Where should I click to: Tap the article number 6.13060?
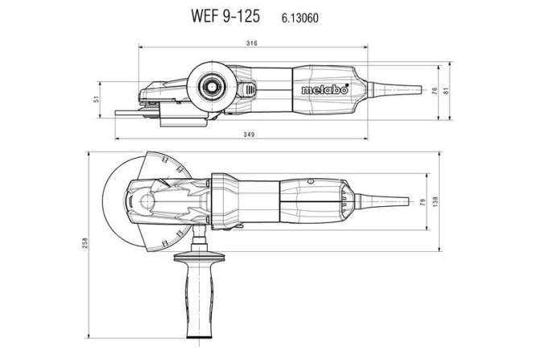point(301,15)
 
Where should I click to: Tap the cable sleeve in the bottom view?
point(394,200)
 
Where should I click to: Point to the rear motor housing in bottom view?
point(314,199)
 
